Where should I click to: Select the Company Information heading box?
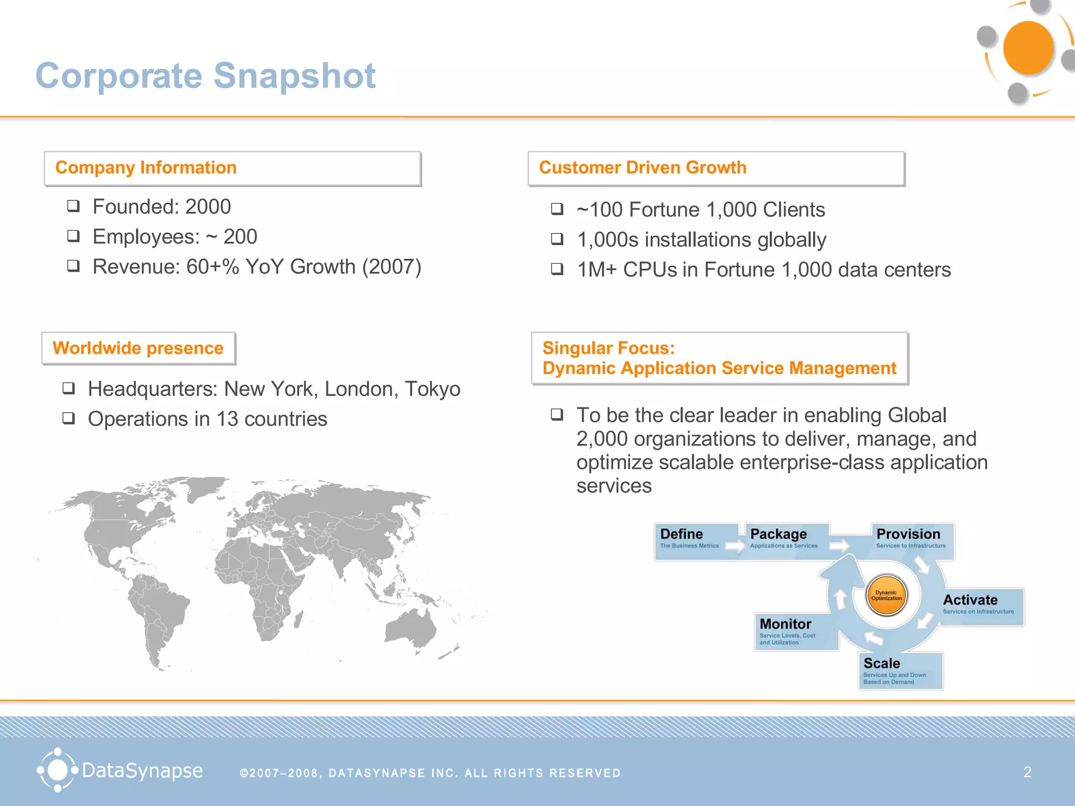(x=233, y=168)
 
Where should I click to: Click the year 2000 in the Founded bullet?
(x=208, y=207)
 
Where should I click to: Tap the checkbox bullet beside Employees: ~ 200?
(x=73, y=236)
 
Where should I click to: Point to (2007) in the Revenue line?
(x=392, y=267)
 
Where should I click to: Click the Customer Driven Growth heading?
(x=642, y=168)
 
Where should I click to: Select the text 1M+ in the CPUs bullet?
(x=596, y=270)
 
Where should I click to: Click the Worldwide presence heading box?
(x=139, y=348)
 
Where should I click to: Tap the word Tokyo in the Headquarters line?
(x=433, y=389)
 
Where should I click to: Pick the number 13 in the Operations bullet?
(x=227, y=419)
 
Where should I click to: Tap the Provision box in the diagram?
(x=911, y=540)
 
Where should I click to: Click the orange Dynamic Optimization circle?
(x=887, y=595)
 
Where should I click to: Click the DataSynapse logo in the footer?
(x=120, y=770)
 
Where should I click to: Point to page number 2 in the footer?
(x=1027, y=772)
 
